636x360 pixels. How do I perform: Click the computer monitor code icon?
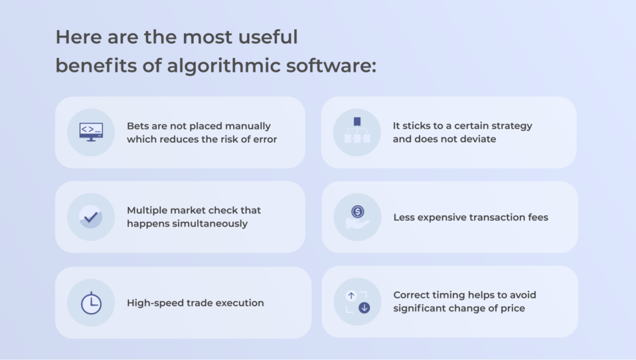pos(91,132)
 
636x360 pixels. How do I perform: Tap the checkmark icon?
pos(91,217)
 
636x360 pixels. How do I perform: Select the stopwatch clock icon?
pos(91,303)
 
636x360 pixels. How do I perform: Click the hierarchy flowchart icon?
pos(357,130)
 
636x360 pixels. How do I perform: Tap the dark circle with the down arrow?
pos(364,308)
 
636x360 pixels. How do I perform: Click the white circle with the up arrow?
pos(351,296)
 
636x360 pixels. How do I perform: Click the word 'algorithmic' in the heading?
pos(224,66)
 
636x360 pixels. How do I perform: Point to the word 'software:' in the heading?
pos(331,65)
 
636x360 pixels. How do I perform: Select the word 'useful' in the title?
pos(268,37)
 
